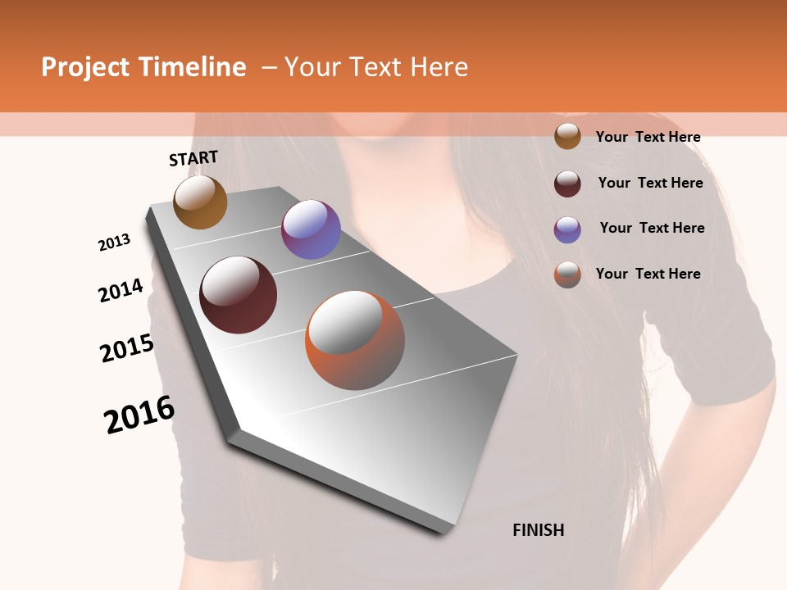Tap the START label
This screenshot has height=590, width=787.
(193, 158)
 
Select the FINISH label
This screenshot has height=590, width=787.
(538, 530)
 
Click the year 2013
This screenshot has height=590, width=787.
(115, 243)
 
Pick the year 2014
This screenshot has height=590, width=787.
(121, 291)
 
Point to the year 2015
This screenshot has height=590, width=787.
(127, 348)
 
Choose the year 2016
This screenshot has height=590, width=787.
(139, 415)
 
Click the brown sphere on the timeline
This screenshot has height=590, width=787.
(200, 202)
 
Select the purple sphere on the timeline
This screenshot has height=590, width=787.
(311, 229)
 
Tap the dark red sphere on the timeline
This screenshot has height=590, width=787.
(239, 295)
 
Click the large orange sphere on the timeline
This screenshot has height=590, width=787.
(355, 340)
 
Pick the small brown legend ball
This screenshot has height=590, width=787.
(567, 136)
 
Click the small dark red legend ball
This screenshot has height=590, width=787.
(567, 184)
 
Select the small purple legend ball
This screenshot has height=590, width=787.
(567, 229)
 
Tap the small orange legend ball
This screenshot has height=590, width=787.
(567, 275)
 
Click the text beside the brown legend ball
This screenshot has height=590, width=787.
(648, 137)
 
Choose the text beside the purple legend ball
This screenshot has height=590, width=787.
(652, 228)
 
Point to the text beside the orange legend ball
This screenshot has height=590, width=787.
(648, 274)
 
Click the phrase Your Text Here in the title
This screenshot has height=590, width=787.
(376, 67)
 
